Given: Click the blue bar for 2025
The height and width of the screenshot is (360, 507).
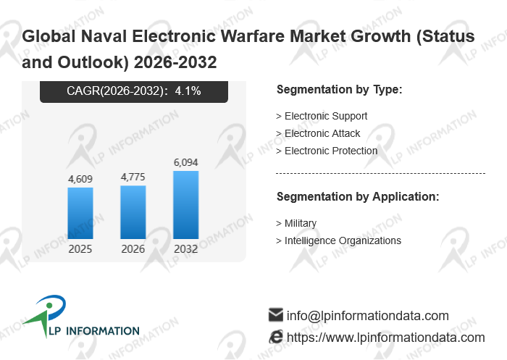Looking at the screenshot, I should coord(80,213).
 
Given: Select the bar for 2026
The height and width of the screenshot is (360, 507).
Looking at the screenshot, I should coord(133,212).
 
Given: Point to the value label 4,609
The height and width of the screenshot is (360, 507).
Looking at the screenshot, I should coord(80,178).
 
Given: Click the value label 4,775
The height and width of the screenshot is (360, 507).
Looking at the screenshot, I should coord(133,176).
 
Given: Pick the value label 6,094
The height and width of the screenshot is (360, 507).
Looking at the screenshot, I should coord(186,162).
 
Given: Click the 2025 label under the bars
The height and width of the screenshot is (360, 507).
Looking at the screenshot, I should coord(80,249).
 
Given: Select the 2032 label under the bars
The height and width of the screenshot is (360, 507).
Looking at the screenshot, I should coord(186,249).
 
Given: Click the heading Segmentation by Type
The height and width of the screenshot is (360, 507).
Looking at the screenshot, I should coord(339,90).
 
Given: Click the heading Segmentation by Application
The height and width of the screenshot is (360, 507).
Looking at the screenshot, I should coord(358,196).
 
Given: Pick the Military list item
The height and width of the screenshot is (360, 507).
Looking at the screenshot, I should coord(300,223).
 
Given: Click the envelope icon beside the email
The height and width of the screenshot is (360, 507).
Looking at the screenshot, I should coord(275,315).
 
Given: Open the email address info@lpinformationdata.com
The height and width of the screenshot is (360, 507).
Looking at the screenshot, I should coord(368,316).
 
